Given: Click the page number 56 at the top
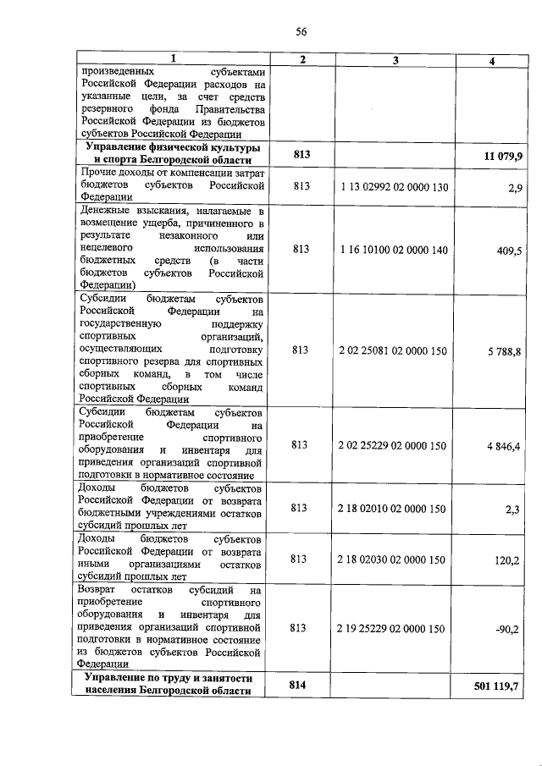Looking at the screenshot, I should [301, 31].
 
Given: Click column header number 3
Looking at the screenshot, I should [395, 58].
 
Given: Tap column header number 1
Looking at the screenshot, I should [173, 58].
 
